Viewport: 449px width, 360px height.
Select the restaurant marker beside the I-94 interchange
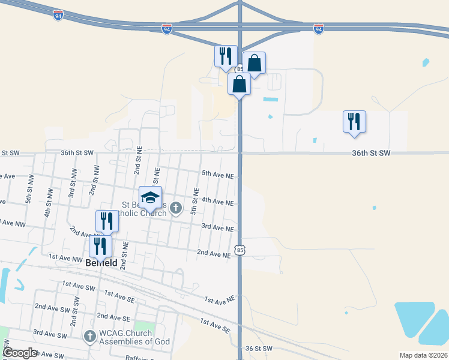[x=226, y=56]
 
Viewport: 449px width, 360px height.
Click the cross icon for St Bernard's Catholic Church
[x=175, y=208]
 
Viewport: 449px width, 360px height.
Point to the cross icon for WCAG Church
[x=90, y=337]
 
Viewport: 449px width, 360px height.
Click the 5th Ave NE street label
[x=217, y=175]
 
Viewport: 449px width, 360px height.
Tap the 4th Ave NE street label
[x=217, y=203]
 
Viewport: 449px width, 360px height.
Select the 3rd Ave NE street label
[x=217, y=228]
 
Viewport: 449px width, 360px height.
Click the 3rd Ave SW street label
[x=49, y=332]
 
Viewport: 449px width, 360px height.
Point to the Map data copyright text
[x=423, y=355]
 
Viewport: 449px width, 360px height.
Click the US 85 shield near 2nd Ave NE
[x=240, y=249]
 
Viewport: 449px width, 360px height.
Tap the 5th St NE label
[x=194, y=201]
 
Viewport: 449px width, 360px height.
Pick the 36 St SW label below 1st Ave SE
[x=259, y=349]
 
